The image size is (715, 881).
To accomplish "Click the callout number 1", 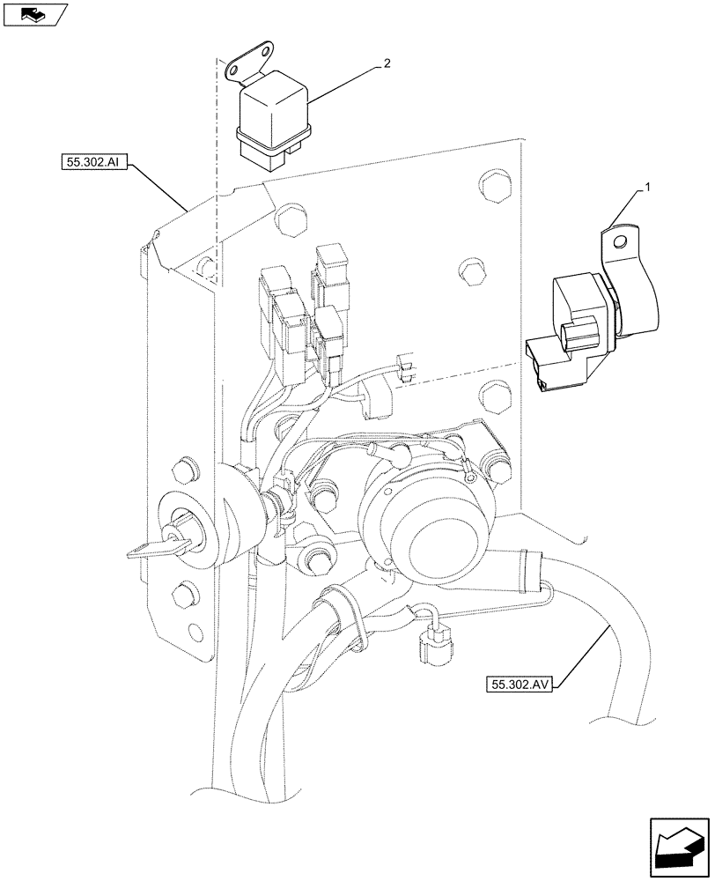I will pos(648,188).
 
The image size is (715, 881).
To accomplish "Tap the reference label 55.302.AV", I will pos(517,683).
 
